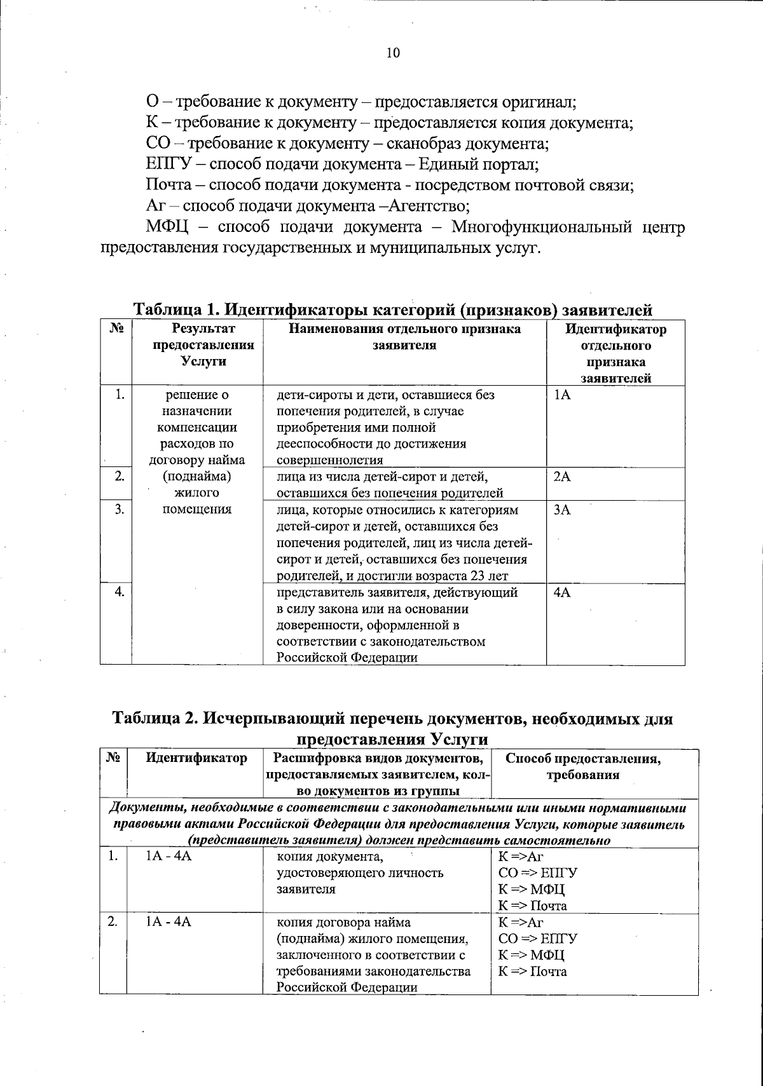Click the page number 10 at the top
(x=393, y=53)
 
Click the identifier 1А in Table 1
(x=562, y=395)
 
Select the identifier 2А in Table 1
(x=562, y=477)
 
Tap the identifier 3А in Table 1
(x=562, y=510)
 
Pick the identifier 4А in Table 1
(x=562, y=592)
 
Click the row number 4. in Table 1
(x=118, y=592)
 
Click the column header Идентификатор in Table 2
(x=196, y=758)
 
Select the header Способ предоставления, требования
(x=582, y=766)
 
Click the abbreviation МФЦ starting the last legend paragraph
(x=167, y=227)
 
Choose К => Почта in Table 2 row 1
(x=532, y=906)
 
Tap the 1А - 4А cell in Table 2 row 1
(x=169, y=856)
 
